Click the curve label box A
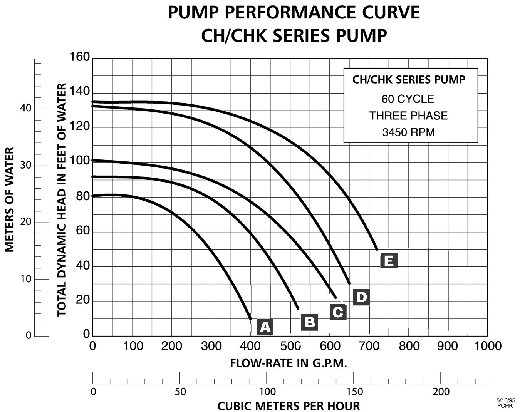265,327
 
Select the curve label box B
310,322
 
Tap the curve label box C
338,312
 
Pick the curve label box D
361,297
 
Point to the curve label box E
389,261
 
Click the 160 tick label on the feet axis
79,57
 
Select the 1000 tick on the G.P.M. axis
487,346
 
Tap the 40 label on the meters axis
25,108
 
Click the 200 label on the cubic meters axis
441,392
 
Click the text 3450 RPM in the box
408,132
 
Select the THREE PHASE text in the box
408,116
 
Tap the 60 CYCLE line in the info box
408,99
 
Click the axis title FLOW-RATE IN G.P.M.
289,363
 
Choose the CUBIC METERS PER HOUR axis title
289,406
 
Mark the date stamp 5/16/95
506,400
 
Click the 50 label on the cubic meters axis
180,392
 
